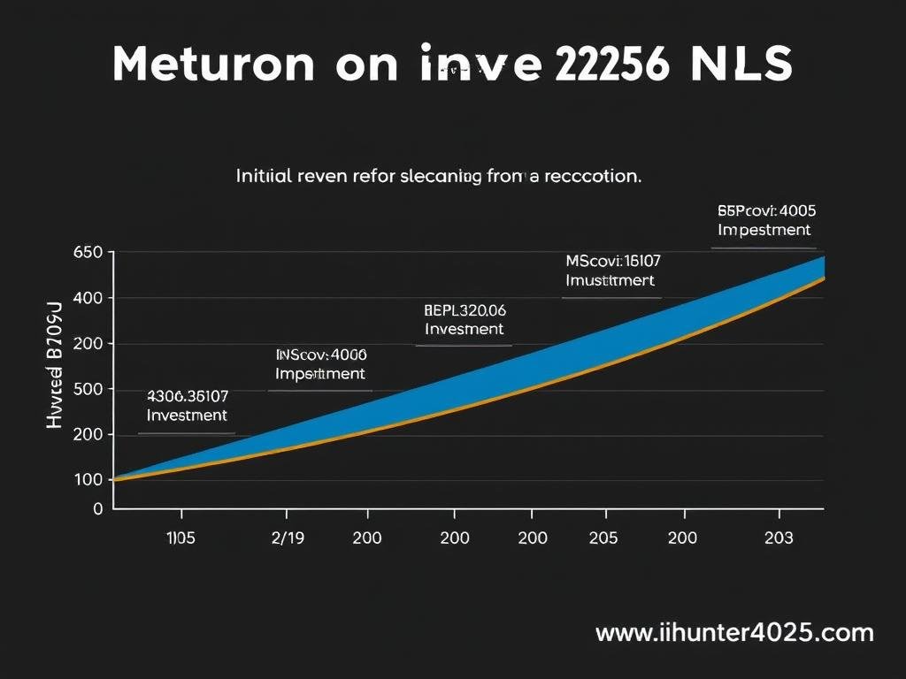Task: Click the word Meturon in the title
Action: pos(212,65)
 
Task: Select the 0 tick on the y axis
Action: pos(98,508)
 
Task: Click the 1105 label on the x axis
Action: pos(181,538)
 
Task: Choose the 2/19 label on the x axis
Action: pos(286,538)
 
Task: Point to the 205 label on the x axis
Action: pos(604,538)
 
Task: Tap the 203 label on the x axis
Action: pos(779,538)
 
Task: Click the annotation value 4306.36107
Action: pos(188,396)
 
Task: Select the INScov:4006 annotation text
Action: pos(320,355)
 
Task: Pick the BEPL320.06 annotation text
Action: pos(465,310)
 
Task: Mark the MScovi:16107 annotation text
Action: pos(612,261)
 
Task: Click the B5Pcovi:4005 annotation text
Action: pos(766,211)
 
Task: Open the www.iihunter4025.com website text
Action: pos(734,633)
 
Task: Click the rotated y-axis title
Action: pos(53,364)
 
